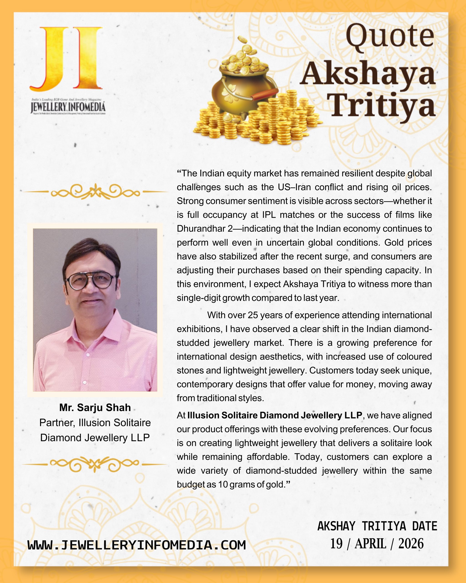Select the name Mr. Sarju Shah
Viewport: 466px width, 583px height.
coord(95,407)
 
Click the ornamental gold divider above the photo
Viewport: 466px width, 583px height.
coord(95,192)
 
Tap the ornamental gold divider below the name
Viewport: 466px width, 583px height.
coord(95,464)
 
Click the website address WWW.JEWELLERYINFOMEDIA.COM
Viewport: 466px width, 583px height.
coord(137,545)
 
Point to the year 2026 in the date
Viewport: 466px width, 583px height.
coord(411,544)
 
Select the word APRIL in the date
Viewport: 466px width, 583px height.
coord(370,544)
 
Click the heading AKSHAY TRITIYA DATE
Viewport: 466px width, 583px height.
coord(377,526)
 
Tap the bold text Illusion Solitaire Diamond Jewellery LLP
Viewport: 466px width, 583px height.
coord(275,415)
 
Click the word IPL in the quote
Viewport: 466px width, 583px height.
coord(269,215)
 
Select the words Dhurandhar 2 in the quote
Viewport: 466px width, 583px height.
coord(205,228)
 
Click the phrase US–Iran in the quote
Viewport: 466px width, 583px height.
coord(294,187)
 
